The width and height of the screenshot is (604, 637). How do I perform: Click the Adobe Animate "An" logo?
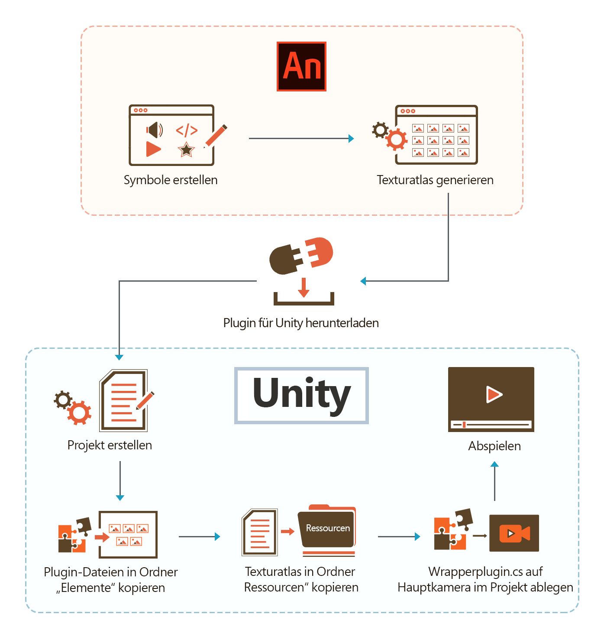click(x=301, y=66)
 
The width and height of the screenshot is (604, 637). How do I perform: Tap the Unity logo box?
click(x=301, y=395)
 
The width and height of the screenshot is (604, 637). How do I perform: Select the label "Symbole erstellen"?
click(x=171, y=180)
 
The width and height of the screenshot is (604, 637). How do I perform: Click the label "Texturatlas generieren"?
click(x=435, y=180)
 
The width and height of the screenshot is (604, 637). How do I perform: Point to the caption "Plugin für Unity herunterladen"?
click(x=301, y=323)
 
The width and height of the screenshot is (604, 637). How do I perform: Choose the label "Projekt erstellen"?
click(x=110, y=445)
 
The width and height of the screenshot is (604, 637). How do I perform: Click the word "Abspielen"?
click(x=494, y=446)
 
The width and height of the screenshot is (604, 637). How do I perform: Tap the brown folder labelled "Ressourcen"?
click(x=327, y=528)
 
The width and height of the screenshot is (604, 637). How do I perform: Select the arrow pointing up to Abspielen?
click(x=494, y=481)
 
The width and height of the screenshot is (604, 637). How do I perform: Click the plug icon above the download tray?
click(x=301, y=256)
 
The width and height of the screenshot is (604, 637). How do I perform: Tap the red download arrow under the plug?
click(x=304, y=288)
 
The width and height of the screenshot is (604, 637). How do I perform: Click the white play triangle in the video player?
click(x=494, y=394)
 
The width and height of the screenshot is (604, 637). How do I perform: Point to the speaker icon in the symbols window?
click(x=154, y=130)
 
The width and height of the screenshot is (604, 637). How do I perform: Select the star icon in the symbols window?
click(x=186, y=149)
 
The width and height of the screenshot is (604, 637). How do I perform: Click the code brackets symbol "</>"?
click(x=187, y=130)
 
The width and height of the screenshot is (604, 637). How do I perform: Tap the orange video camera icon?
click(x=514, y=533)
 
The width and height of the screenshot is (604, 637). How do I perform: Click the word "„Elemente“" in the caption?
click(x=85, y=588)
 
